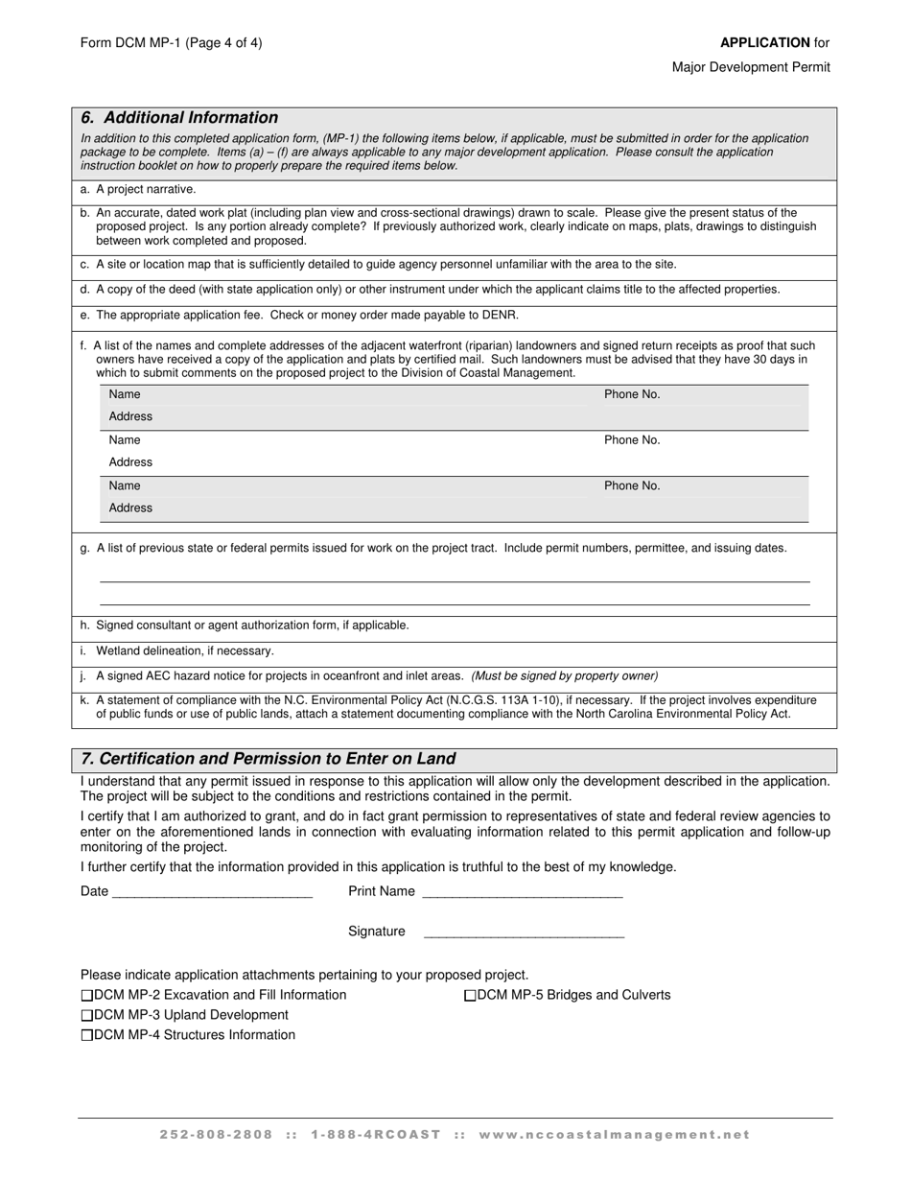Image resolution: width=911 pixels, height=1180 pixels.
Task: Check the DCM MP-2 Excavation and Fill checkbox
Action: point(87,996)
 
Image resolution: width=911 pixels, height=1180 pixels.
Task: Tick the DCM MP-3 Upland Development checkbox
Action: point(87,1015)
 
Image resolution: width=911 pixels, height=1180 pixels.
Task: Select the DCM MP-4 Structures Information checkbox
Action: point(87,1035)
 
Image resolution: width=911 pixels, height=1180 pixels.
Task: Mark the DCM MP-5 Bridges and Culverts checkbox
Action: point(470,996)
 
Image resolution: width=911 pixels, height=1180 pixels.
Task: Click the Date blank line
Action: point(212,892)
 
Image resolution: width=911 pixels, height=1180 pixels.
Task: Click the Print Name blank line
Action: point(522,892)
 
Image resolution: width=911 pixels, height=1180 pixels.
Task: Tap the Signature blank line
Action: point(524,932)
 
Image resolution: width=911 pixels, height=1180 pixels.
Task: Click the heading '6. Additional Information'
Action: point(179,118)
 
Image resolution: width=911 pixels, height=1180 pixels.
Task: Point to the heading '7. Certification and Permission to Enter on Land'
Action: point(269,759)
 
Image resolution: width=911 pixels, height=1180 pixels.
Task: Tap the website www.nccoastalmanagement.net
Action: point(614,1135)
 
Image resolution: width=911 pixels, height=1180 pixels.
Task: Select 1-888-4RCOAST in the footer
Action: point(376,1135)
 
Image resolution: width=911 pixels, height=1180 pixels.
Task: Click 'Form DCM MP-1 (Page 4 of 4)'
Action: point(171,42)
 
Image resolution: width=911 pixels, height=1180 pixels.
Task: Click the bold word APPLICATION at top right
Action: point(764,42)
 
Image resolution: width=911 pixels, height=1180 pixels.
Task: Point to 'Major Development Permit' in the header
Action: point(751,67)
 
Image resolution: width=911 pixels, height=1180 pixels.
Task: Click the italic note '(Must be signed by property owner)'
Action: point(564,675)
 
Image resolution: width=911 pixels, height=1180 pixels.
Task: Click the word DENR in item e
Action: point(502,315)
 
